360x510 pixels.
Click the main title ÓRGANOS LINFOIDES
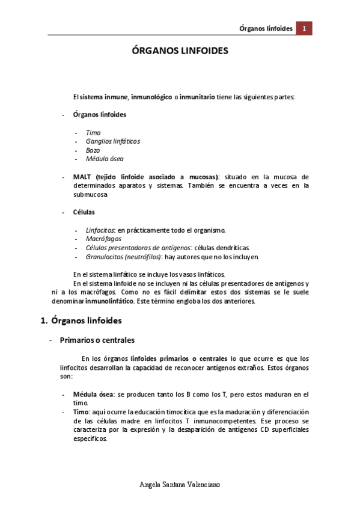click(x=180, y=52)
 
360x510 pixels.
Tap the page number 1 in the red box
click(x=305, y=28)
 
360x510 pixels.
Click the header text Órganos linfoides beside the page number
click(x=266, y=28)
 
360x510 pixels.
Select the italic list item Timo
click(x=93, y=132)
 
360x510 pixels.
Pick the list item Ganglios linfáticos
click(x=113, y=141)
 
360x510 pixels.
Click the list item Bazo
click(x=93, y=150)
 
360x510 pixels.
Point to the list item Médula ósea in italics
click(x=105, y=159)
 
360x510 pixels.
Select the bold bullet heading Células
click(x=84, y=212)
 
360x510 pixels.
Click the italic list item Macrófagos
click(x=103, y=239)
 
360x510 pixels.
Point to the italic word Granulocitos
click(x=105, y=257)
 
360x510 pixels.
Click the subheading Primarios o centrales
click(x=97, y=340)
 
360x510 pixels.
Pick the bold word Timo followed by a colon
click(x=81, y=412)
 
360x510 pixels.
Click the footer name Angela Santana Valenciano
click(x=180, y=484)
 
